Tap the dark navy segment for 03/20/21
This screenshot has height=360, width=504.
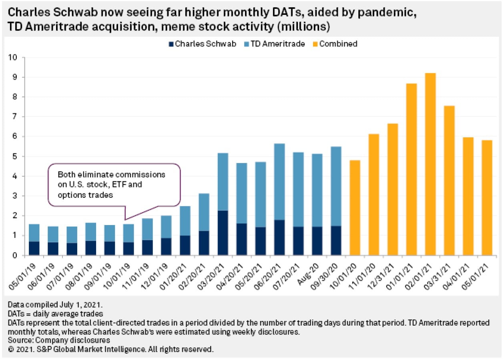[x=223, y=233]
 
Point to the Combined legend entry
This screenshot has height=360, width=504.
[x=335, y=44]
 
